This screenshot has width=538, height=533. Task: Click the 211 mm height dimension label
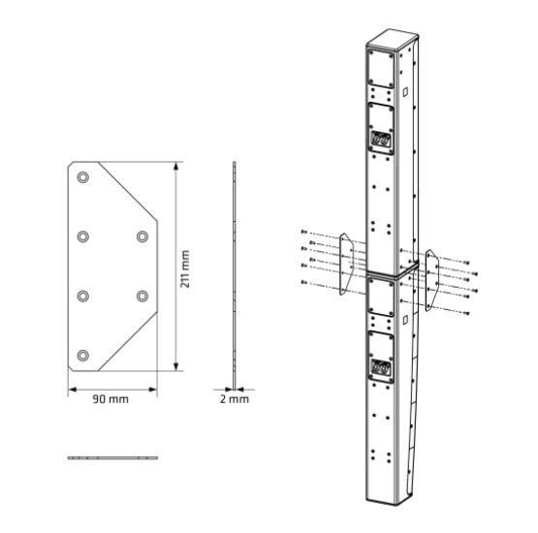point(184,268)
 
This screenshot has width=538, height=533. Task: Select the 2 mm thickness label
point(234,398)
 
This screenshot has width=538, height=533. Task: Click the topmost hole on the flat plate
point(83,177)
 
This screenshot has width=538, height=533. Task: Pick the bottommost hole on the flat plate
point(83,355)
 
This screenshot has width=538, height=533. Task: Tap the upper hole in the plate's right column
point(142,236)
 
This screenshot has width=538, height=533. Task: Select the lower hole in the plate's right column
point(142,296)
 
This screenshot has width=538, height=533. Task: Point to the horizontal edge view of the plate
point(111,456)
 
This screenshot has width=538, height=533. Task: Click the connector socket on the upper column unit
point(381,141)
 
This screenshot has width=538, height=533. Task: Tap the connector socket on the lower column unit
point(382,368)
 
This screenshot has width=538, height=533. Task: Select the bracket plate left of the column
point(343,262)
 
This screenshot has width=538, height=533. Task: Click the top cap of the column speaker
point(394,42)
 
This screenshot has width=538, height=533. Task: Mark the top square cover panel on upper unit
point(380,69)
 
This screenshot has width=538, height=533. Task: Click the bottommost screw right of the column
point(465,312)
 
